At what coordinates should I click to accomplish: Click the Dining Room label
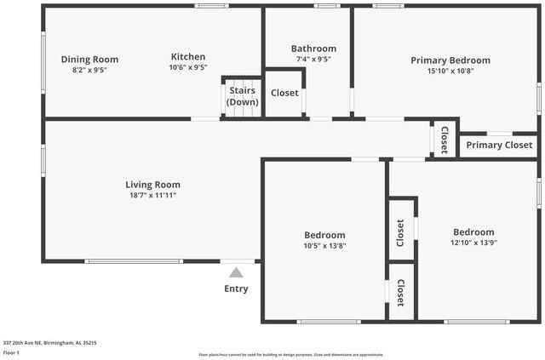(x=89, y=60)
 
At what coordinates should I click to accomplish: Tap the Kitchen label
(x=187, y=57)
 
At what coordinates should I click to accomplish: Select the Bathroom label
(x=313, y=49)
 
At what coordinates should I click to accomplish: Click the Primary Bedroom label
(x=450, y=60)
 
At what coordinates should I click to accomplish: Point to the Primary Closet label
(x=499, y=146)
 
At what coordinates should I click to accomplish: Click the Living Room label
(x=152, y=185)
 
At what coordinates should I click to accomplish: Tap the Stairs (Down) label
(x=243, y=95)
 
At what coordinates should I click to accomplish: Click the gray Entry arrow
(x=236, y=272)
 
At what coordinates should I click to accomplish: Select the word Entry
(x=236, y=289)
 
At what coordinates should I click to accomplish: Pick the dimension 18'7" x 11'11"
(x=152, y=196)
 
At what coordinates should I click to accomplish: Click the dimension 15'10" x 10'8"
(x=450, y=71)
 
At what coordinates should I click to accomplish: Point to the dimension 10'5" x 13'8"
(x=324, y=246)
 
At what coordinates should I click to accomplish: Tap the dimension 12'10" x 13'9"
(x=473, y=243)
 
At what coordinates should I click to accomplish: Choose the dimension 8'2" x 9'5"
(x=89, y=71)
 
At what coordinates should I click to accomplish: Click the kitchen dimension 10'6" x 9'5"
(x=187, y=68)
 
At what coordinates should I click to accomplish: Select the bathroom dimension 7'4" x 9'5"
(x=313, y=60)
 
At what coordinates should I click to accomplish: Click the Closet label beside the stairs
(x=284, y=94)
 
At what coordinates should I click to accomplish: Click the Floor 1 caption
(x=12, y=351)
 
